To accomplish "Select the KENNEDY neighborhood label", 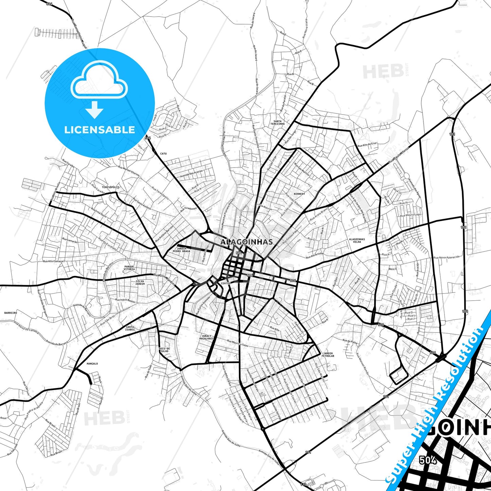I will pyautogui.click(x=299, y=194).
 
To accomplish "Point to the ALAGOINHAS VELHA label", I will pyautogui.click(x=357, y=241).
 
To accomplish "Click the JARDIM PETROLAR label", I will pyautogui.click(x=328, y=355).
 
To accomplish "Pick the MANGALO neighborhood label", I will pyautogui.click(x=92, y=364).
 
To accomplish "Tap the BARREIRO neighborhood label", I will pyautogui.click(x=11, y=313).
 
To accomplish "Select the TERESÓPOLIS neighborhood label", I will pyautogui.click(x=111, y=187).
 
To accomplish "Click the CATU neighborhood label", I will pyautogui.click(x=163, y=154).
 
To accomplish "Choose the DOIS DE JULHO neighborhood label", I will pyautogui.click(x=164, y=350).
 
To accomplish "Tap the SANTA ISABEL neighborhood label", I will pyautogui.click(x=130, y=328).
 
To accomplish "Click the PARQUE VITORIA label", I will pyautogui.click(x=129, y=268).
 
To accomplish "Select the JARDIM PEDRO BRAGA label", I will pyautogui.click(x=181, y=250).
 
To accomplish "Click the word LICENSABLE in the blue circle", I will pyautogui.click(x=100, y=130).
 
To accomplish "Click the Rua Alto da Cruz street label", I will pyautogui.click(x=367, y=145).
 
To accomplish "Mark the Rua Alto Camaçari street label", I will pyautogui.click(x=54, y=261).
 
